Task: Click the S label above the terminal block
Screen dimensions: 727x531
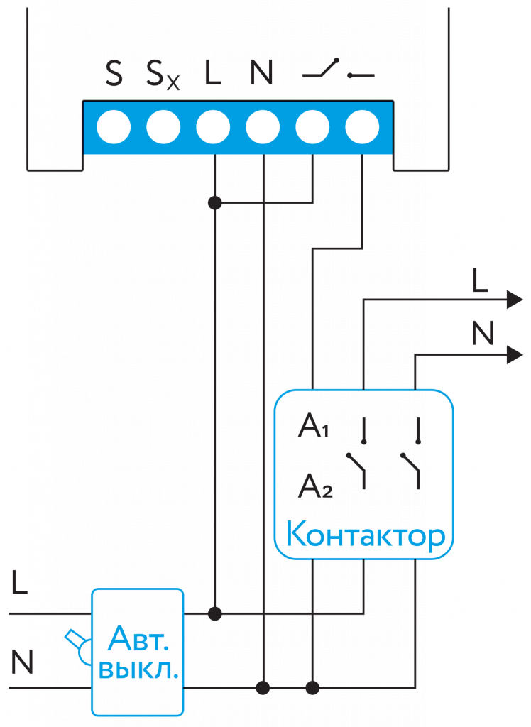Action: (x=114, y=74)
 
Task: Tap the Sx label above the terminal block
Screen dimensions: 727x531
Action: (x=163, y=75)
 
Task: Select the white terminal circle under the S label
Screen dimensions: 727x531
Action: (x=114, y=128)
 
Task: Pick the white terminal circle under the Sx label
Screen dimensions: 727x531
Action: (x=163, y=128)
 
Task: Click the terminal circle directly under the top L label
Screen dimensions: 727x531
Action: (x=213, y=128)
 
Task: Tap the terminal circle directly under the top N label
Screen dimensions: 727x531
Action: (x=263, y=128)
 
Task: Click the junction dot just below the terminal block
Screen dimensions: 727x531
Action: (x=214, y=204)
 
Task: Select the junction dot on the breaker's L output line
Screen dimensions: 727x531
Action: (x=214, y=613)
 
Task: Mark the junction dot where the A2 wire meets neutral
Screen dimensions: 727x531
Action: (x=312, y=687)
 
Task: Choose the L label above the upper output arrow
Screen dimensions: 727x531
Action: (x=480, y=282)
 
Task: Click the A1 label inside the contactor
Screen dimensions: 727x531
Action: (x=313, y=427)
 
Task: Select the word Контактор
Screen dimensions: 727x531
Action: (x=365, y=536)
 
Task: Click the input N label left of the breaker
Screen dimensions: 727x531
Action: (x=22, y=662)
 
